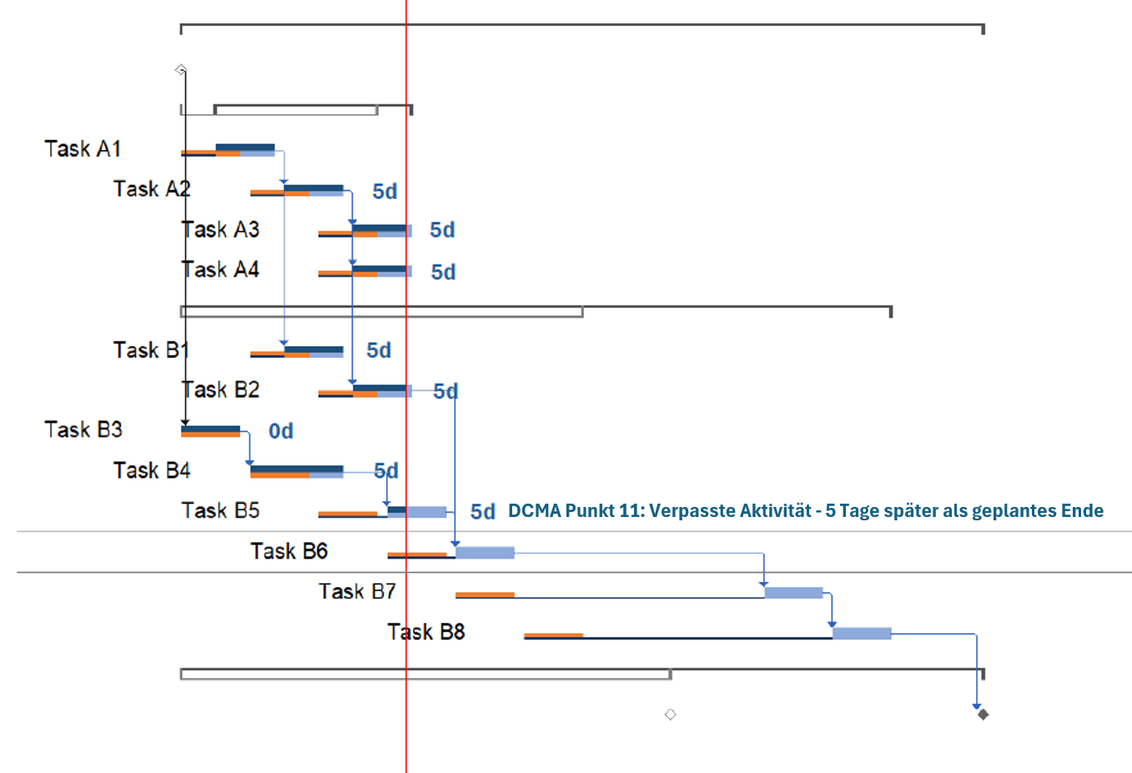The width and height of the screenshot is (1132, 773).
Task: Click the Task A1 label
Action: point(83,149)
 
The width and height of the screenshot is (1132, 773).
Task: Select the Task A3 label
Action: point(221,229)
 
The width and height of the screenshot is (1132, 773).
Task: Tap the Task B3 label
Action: point(83,429)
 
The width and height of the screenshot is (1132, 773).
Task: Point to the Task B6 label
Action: point(289,551)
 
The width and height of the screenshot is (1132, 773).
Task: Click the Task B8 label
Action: point(425,632)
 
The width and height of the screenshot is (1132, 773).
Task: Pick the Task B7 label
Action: point(357,592)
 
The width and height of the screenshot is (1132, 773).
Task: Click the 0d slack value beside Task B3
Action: point(281,431)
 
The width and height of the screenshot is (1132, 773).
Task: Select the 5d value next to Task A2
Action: point(385,192)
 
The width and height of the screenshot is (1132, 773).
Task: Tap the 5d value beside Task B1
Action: point(379,350)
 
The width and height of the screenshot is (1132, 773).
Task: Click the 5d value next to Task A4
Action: point(443,273)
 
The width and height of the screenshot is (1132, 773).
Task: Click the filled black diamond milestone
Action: point(983,714)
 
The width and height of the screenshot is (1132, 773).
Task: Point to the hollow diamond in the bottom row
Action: point(670,715)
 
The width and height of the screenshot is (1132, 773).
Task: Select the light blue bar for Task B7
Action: point(793,593)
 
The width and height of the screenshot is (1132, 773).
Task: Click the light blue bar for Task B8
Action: point(862,634)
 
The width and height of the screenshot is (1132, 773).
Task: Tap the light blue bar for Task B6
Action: point(485,552)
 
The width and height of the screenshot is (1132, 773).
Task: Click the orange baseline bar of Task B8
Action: point(553,635)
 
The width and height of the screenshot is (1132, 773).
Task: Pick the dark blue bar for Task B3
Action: point(210,429)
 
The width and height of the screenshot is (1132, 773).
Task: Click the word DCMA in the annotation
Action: point(533,511)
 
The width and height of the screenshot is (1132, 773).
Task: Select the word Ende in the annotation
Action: point(1082,511)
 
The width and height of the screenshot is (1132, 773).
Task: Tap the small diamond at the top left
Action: point(180,69)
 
